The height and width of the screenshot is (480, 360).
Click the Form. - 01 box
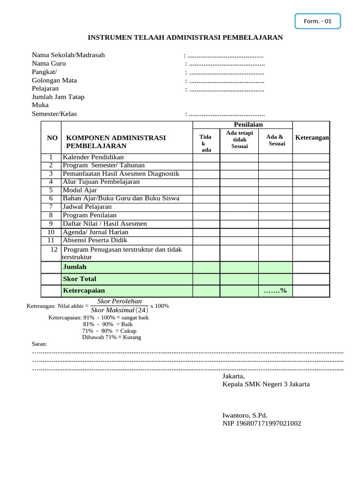(317, 21)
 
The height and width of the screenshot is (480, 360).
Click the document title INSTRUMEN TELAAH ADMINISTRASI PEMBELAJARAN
(186, 37)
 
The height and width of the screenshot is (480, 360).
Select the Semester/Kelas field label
(54, 114)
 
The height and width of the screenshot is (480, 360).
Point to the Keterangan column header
(312, 137)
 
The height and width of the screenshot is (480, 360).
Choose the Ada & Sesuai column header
(275, 140)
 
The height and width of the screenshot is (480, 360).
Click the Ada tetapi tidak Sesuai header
(239, 140)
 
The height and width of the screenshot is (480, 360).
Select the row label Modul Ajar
(80, 190)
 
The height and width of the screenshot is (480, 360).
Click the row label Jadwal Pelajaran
(87, 206)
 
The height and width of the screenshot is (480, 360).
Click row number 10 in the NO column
(51, 232)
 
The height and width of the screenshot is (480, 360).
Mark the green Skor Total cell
(127, 279)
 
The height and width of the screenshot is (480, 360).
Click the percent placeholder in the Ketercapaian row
(275, 291)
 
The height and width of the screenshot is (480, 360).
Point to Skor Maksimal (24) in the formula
(120, 310)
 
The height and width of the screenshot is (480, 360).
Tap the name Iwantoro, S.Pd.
(245, 415)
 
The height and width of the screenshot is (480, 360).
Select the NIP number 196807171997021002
(262, 423)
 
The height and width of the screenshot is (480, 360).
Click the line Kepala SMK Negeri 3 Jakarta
(266, 384)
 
